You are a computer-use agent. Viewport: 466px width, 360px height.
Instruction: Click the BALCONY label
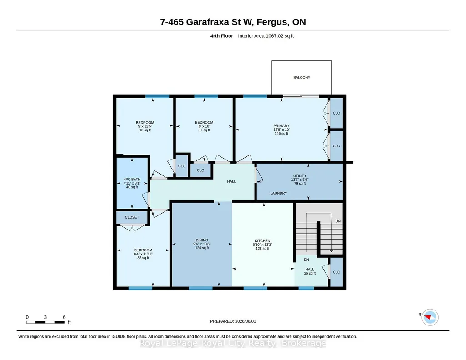coord(302,78)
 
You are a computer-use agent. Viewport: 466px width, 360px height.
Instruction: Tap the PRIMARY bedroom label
coord(281,126)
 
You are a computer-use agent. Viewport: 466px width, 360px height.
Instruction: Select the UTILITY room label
coord(300,176)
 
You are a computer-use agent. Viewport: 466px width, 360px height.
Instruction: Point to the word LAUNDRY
coord(279,193)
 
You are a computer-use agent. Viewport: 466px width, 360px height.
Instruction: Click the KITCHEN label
coord(262,241)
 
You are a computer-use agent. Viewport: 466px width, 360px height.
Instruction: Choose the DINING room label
coord(202,240)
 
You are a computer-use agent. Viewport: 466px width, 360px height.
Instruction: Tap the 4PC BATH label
coord(132,180)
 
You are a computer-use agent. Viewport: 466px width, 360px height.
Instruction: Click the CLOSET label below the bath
coord(132,217)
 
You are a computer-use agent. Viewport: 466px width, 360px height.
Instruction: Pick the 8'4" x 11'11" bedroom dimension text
coord(143,254)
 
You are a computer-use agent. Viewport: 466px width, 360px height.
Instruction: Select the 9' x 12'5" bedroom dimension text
coord(145,126)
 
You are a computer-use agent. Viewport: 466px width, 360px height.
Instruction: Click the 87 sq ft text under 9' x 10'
coord(204,130)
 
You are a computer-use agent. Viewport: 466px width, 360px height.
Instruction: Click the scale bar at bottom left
coord(45,322)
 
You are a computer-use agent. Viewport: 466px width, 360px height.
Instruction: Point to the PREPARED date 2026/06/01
coord(233,321)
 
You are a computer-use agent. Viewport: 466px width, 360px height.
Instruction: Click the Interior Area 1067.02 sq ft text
coord(266,36)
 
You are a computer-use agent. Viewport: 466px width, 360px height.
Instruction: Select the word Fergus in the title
coord(272,22)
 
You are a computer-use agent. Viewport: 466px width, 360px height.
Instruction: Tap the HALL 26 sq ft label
coord(310,271)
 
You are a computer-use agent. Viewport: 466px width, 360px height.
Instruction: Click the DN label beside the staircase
coord(338,221)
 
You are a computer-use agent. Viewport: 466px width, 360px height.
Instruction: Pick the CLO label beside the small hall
coord(336,272)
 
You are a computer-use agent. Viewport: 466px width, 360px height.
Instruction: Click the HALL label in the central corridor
coord(231,181)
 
